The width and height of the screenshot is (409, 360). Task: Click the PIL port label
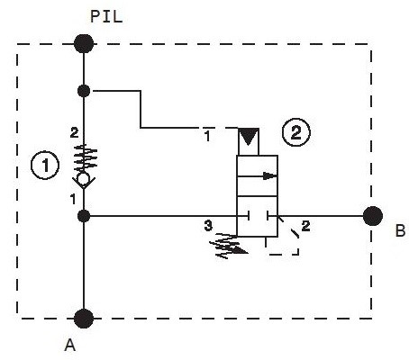pos(106,17)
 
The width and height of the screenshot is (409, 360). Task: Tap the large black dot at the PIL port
pos(84,44)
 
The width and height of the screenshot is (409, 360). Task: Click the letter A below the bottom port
pos(70,345)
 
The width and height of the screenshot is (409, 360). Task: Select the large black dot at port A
pos(84,319)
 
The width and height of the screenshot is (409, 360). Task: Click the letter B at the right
pos(400,231)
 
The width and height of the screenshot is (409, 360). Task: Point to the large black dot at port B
pos(373,216)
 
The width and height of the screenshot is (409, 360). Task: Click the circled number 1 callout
pos(45,166)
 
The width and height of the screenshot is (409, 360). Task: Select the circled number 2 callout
pos(296,132)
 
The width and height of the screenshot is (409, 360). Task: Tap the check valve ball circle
pos(84,179)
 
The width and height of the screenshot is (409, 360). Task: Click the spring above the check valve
pos(86,157)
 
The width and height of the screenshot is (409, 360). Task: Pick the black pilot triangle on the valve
pos(249,137)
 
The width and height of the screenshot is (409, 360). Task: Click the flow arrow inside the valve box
pos(257,175)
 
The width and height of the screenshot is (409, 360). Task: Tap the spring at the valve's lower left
pos(228,246)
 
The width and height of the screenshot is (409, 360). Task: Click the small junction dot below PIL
pos(84,91)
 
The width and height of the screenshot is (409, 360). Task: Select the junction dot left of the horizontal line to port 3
pos(84,216)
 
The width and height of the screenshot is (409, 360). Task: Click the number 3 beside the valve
pos(208,226)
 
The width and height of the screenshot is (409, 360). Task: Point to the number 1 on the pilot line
pos(207,137)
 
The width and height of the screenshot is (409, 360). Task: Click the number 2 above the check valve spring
pos(74,132)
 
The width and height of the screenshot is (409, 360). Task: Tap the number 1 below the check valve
pos(73,199)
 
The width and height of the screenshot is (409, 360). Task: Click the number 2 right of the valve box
pos(305,226)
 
